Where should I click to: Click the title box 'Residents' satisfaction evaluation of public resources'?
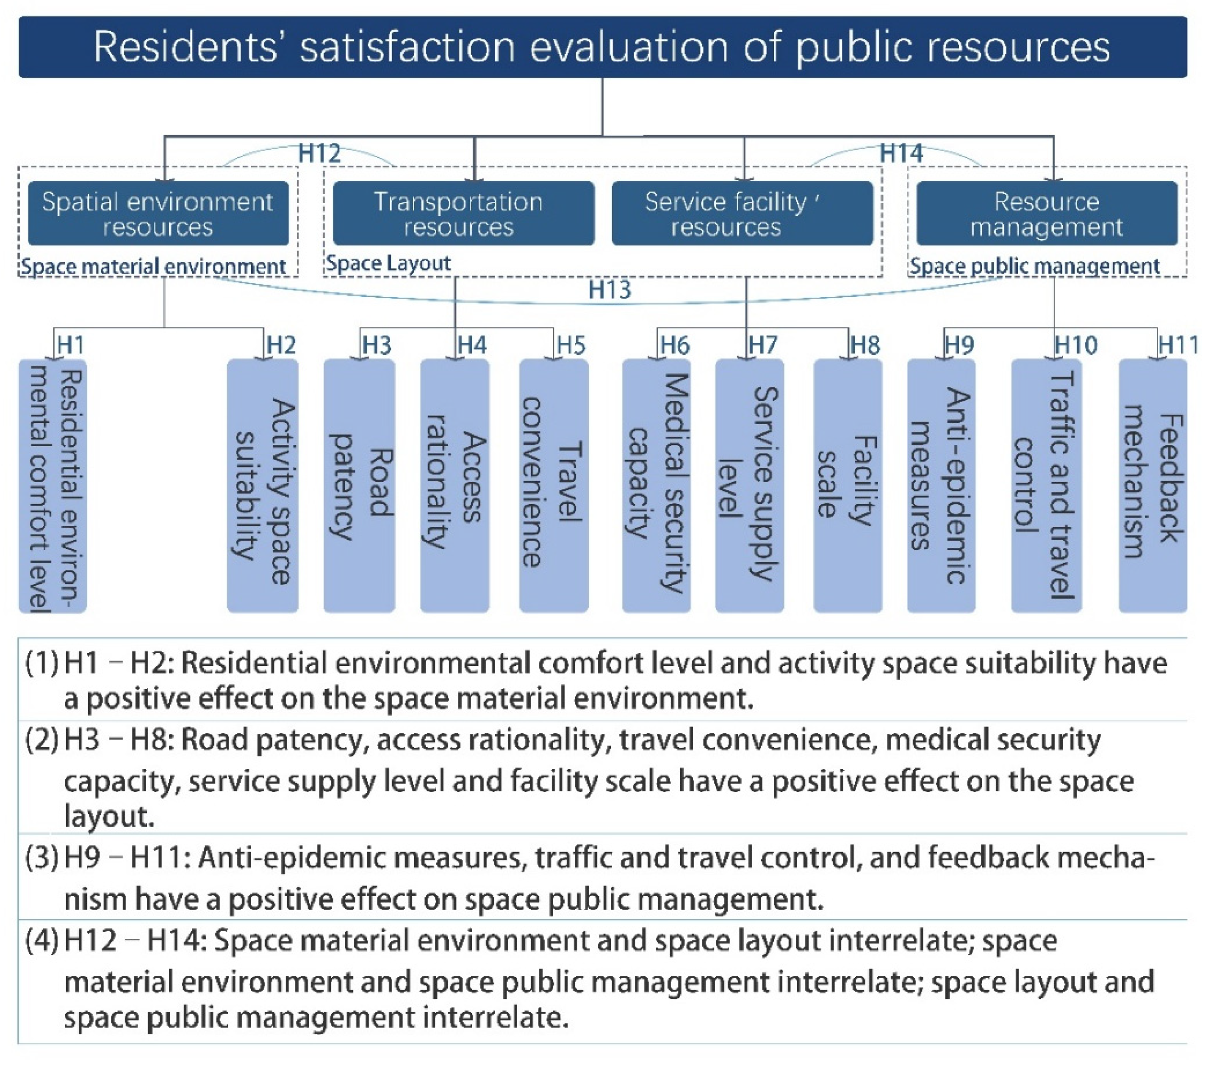click(x=602, y=47)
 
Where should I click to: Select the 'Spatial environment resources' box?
click(x=158, y=213)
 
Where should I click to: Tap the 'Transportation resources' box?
click(x=463, y=213)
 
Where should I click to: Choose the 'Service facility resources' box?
click(x=742, y=213)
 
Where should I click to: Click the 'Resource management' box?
click(x=1046, y=213)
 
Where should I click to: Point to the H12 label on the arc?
click(x=319, y=154)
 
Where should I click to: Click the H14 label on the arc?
click(x=901, y=154)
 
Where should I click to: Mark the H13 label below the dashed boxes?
click(x=609, y=290)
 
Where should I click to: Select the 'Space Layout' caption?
click(x=388, y=263)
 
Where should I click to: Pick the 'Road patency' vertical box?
click(x=359, y=486)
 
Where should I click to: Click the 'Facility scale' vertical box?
click(x=848, y=486)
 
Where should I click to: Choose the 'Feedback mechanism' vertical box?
click(x=1152, y=486)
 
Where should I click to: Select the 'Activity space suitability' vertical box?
click(x=263, y=486)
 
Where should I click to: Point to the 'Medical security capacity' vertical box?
click(x=656, y=486)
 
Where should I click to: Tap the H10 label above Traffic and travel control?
click(x=1075, y=345)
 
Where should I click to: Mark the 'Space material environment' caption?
click(x=154, y=266)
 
